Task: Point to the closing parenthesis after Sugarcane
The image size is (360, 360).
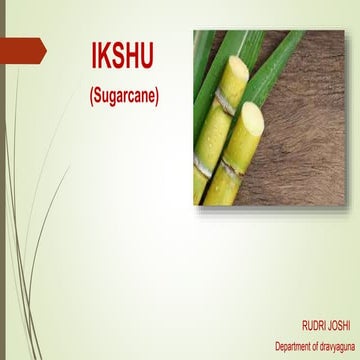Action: click(x=158, y=96)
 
